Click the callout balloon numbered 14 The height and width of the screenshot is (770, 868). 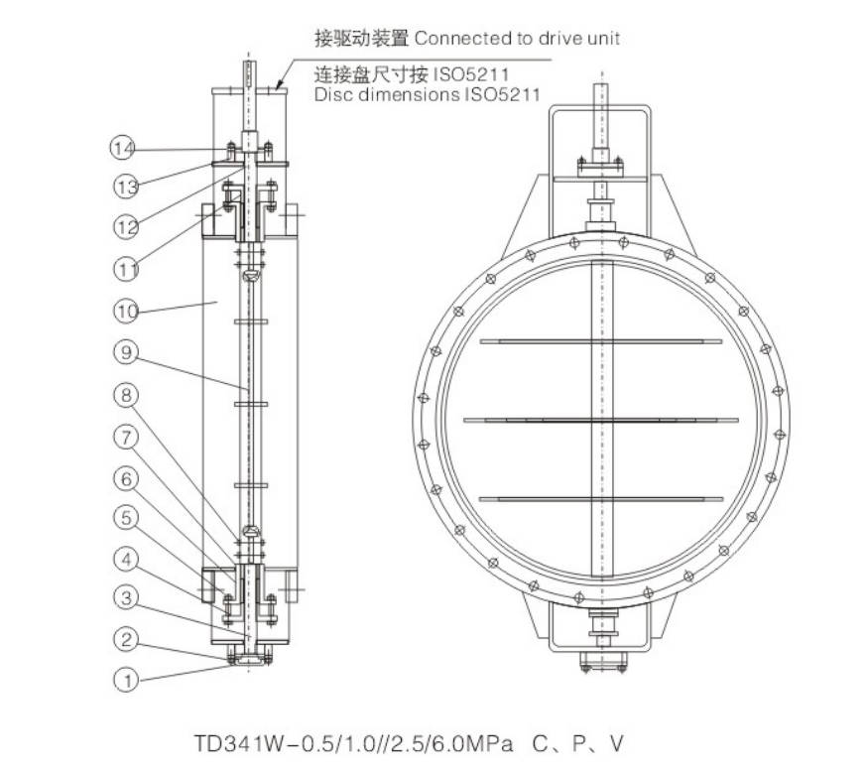(x=122, y=148)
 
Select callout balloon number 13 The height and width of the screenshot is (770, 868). (x=126, y=187)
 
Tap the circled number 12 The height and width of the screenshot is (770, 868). (x=126, y=226)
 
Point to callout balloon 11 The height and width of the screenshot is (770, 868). (x=126, y=270)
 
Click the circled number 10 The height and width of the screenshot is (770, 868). (x=126, y=311)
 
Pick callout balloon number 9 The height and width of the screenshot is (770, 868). (x=126, y=352)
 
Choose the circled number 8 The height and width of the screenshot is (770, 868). (x=126, y=395)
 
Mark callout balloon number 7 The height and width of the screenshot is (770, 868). (x=126, y=438)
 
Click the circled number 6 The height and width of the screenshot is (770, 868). (x=126, y=478)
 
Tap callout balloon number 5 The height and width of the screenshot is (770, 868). (x=126, y=518)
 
